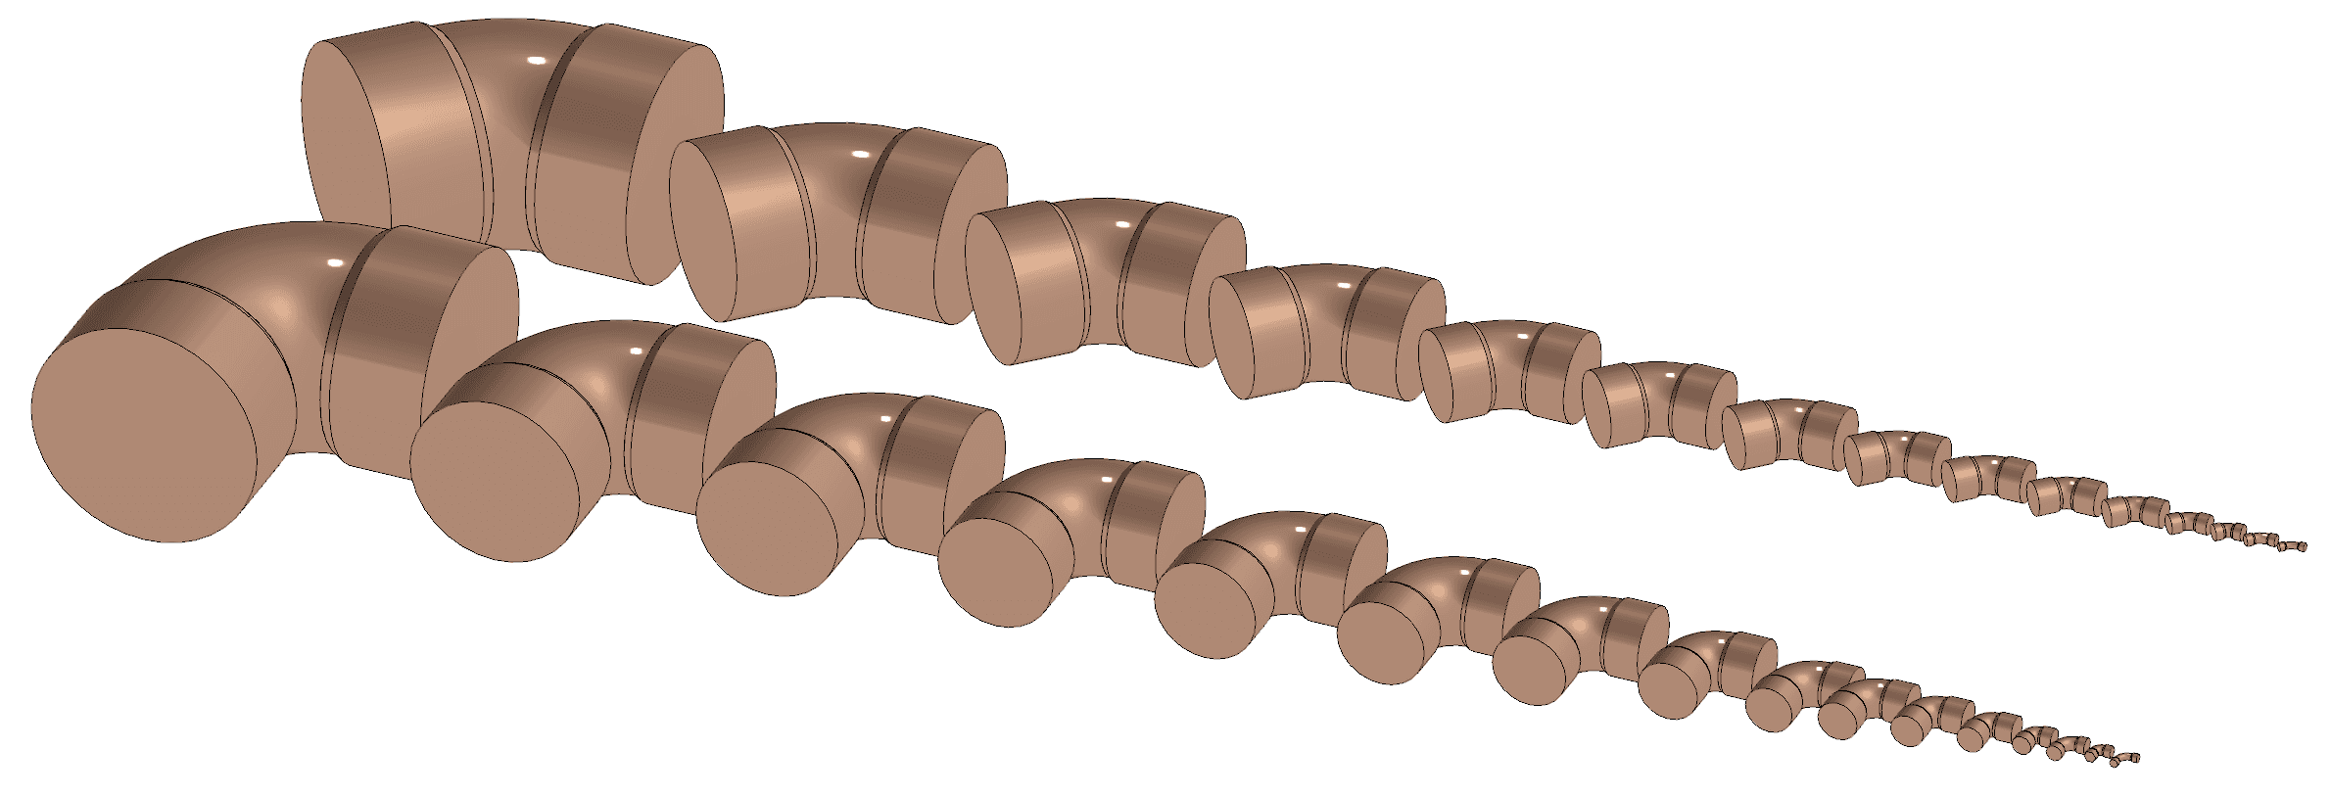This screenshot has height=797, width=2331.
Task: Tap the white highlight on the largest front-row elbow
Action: pyautogui.click(x=335, y=263)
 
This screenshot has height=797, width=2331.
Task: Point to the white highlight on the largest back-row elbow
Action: pyautogui.click(x=536, y=61)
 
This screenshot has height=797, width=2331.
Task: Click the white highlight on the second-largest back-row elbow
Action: pyautogui.click(x=861, y=154)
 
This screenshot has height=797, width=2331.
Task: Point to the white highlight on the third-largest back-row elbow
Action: pyautogui.click(x=1123, y=225)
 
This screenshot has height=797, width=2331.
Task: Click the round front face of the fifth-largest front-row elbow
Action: pyautogui.click(x=1197, y=612)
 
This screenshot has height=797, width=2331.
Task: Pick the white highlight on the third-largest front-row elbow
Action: pyautogui.click(x=885, y=419)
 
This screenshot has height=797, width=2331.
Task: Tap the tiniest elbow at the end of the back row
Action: pyautogui.click(x=2298, y=546)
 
